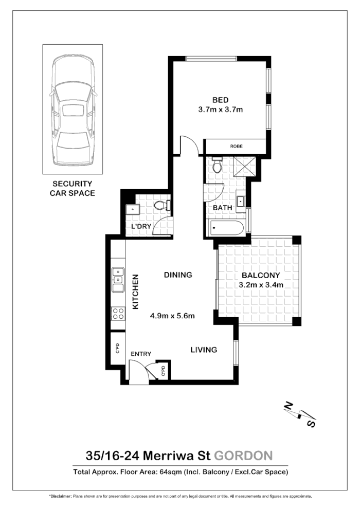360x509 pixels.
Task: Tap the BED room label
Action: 220,100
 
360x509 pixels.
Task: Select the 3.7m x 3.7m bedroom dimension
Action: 220,110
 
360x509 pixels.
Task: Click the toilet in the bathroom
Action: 217,166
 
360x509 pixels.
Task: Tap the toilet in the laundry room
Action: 162,206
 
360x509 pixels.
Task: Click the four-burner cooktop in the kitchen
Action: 118,313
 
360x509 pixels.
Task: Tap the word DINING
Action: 178,275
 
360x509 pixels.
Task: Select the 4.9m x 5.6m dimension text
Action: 172,316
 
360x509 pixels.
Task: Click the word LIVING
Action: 204,350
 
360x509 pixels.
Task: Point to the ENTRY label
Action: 140,354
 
